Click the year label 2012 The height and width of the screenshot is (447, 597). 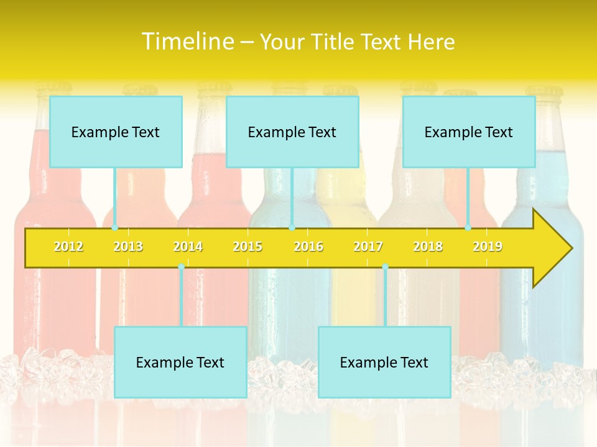click(x=68, y=246)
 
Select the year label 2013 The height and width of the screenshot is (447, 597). click(x=128, y=246)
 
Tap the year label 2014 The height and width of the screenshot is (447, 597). click(x=188, y=246)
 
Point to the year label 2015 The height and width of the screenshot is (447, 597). click(x=248, y=246)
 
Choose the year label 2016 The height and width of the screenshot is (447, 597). click(x=308, y=246)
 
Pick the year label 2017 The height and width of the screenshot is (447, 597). click(x=368, y=246)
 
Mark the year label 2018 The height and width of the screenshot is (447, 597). click(x=428, y=246)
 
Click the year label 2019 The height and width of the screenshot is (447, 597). click(x=488, y=246)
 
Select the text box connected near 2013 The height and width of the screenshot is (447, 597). click(x=116, y=132)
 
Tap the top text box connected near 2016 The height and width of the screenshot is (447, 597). click(x=292, y=132)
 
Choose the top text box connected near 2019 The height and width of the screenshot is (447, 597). click(x=469, y=132)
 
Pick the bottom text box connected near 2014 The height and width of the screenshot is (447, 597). click(x=180, y=362)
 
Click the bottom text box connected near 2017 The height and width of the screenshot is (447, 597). click(x=384, y=362)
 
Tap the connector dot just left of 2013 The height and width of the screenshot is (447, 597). click(x=114, y=228)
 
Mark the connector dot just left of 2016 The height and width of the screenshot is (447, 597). click(x=292, y=228)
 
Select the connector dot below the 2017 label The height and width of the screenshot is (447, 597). click(x=385, y=267)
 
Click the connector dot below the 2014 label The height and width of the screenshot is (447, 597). click(x=181, y=267)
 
